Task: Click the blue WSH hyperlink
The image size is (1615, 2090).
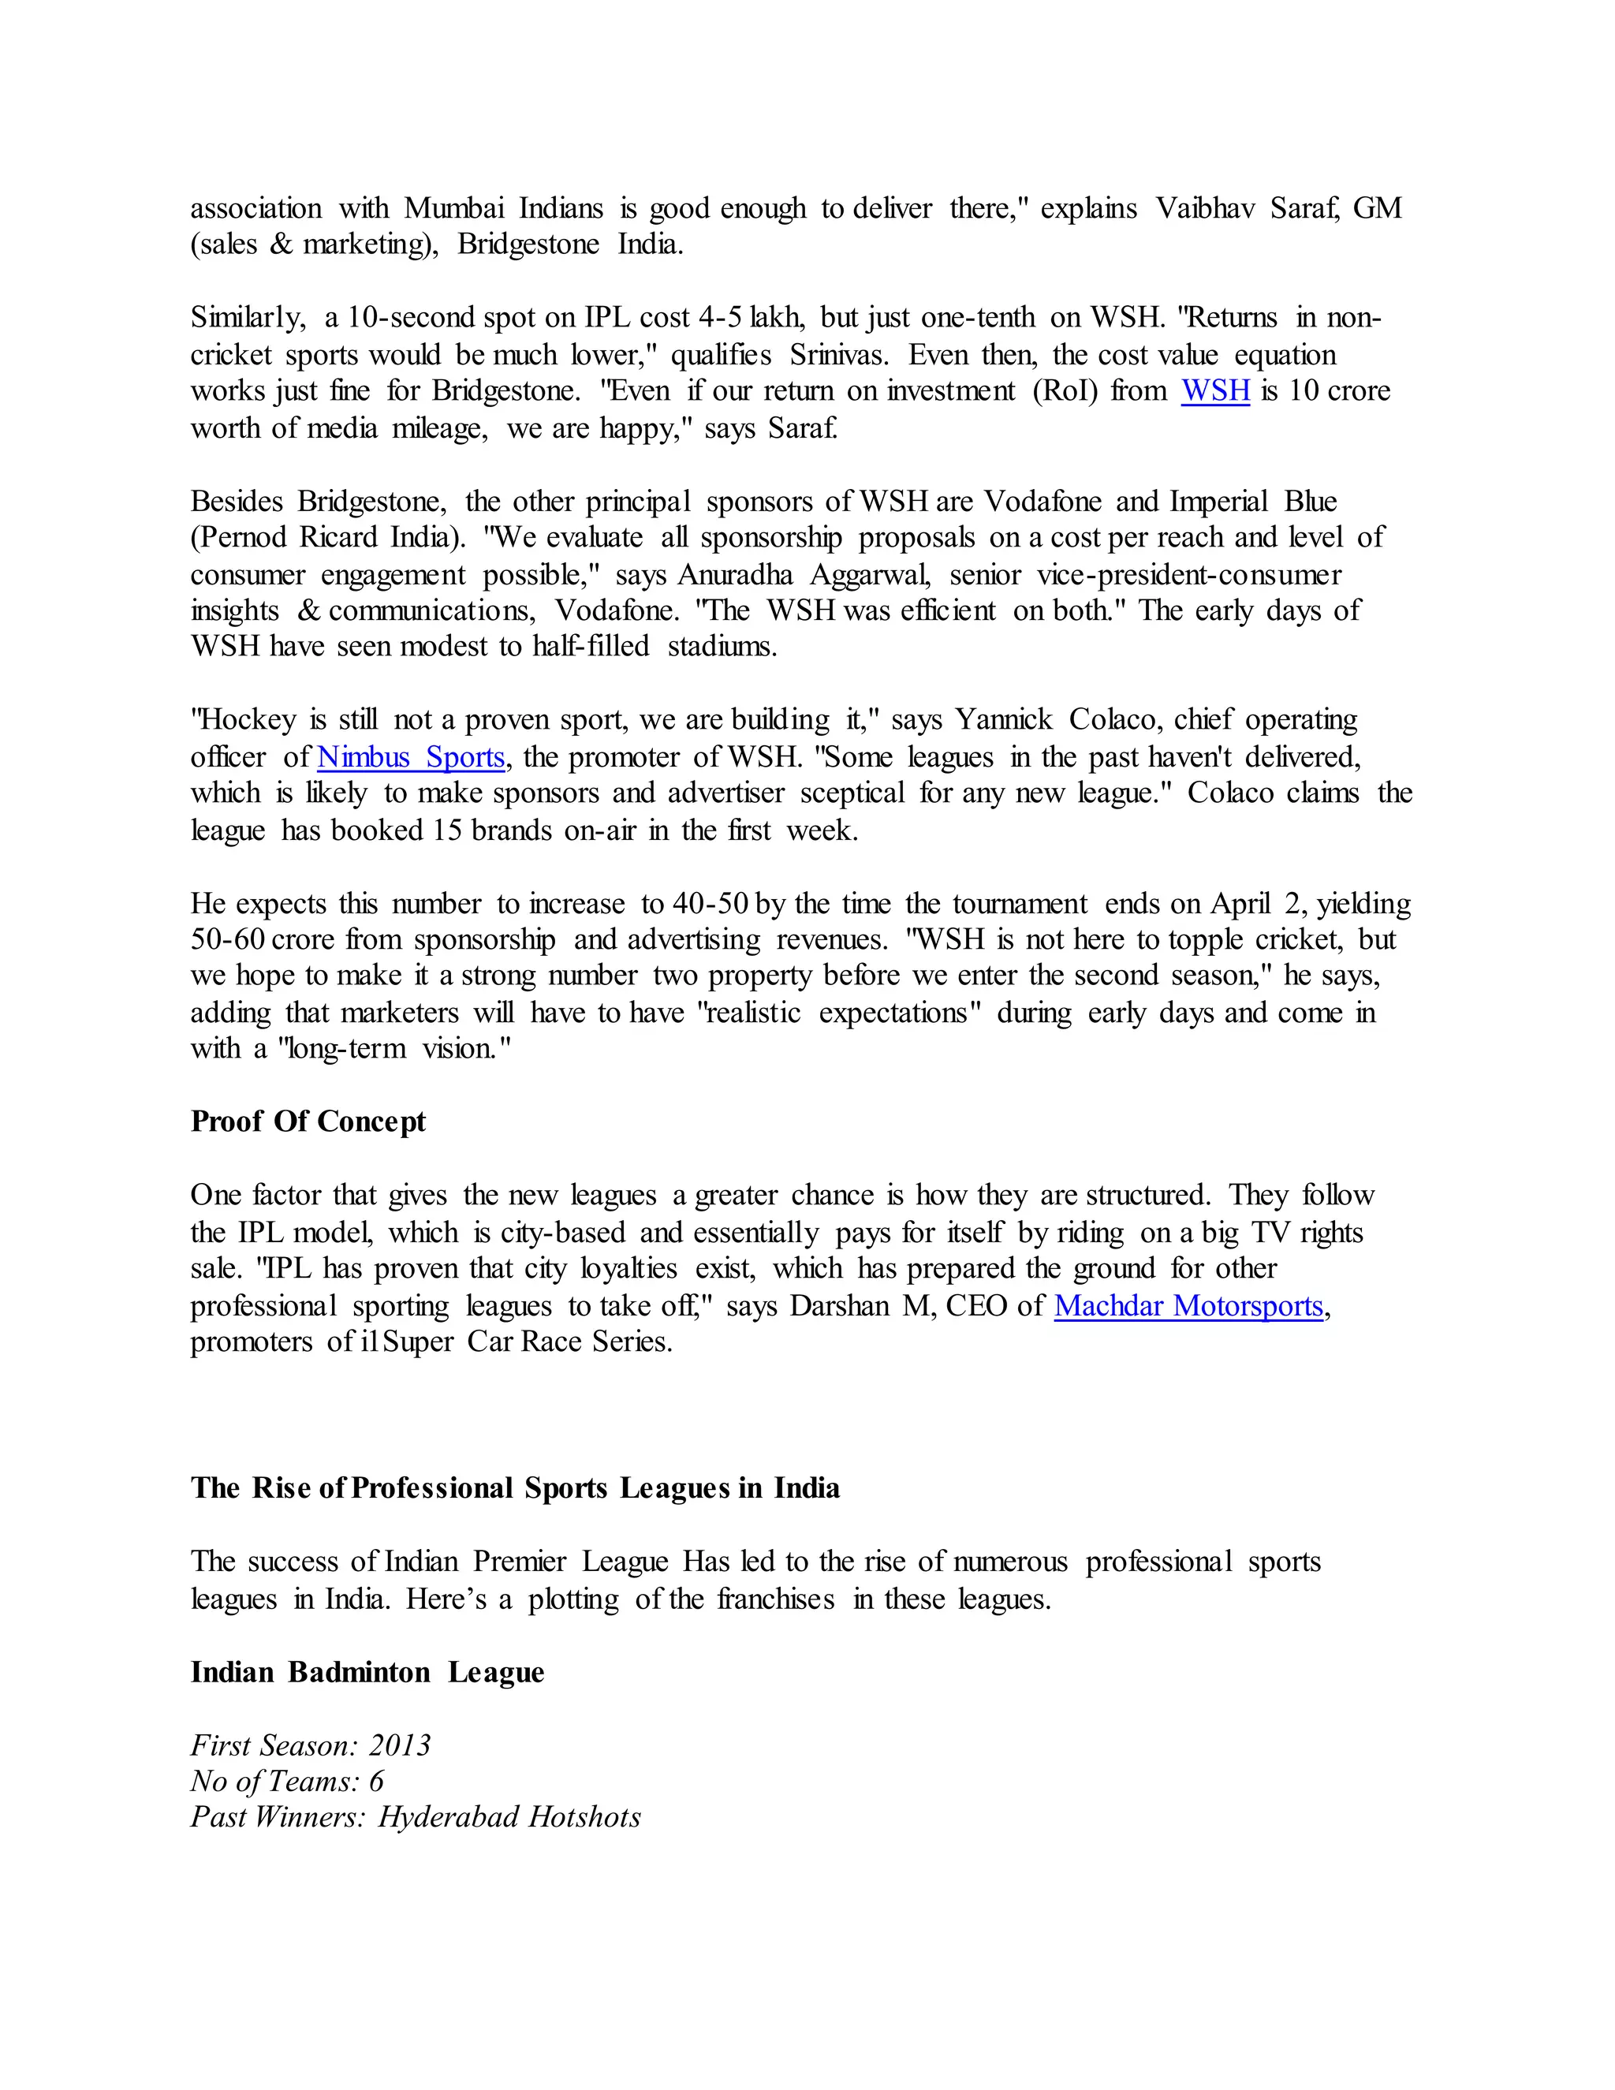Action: pyautogui.click(x=1215, y=391)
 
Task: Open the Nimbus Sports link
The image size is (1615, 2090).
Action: pyautogui.click(x=410, y=757)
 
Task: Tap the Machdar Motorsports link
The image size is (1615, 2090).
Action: pyautogui.click(x=1188, y=1306)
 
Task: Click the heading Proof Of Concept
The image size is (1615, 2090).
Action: pyautogui.click(x=308, y=1122)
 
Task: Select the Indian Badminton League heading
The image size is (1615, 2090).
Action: pyautogui.click(x=367, y=1672)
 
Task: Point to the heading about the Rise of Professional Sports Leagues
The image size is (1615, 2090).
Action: pyautogui.click(x=515, y=1488)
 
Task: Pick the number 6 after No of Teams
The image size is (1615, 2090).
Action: pyautogui.click(x=376, y=1781)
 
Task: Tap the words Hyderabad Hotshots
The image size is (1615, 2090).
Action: pyautogui.click(x=509, y=1817)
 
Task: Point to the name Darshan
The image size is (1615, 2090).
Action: pyautogui.click(x=839, y=1306)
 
